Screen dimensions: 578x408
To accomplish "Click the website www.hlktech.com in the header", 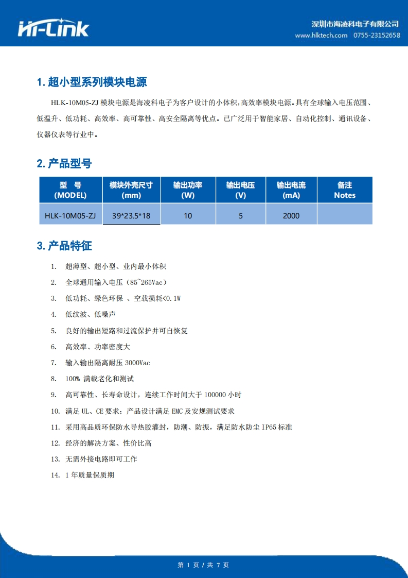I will pyautogui.click(x=321, y=35).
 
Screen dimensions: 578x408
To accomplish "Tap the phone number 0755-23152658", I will pyautogui.click(x=377, y=35).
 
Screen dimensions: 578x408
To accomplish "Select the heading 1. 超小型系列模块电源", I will pyautogui.click(x=92, y=82).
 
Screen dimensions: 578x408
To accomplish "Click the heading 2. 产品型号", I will pyautogui.click(x=64, y=164).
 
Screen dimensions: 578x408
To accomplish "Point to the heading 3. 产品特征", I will pyautogui.click(x=64, y=246).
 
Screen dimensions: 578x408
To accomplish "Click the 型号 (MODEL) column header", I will pyautogui.click(x=70, y=190).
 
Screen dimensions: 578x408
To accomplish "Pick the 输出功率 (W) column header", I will pyautogui.click(x=188, y=190).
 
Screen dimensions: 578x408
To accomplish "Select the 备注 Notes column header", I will pyautogui.click(x=344, y=190).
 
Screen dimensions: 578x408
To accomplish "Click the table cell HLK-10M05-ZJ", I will pyautogui.click(x=70, y=216).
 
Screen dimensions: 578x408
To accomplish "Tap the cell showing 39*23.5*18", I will pyautogui.click(x=131, y=216).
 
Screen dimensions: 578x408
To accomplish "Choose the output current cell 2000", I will pyautogui.click(x=291, y=216).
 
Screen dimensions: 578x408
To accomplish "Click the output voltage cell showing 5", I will pyautogui.click(x=241, y=216).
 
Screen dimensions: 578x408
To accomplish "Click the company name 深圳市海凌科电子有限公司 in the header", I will pyautogui.click(x=356, y=24).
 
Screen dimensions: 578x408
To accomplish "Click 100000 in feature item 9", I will pyautogui.click(x=215, y=395).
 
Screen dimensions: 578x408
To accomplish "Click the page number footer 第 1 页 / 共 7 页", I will pyautogui.click(x=203, y=565).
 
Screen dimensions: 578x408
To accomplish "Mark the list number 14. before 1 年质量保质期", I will pyautogui.click(x=56, y=475).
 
